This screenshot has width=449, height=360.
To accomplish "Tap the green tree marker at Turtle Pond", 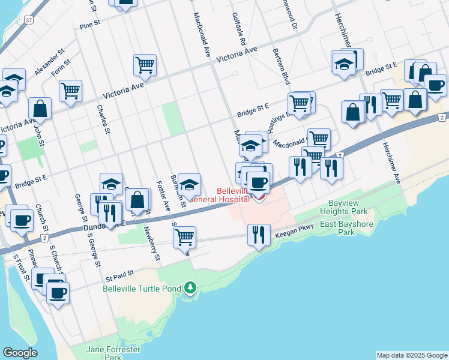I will pos(190,289).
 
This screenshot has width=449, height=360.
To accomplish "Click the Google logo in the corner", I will pos(20,353).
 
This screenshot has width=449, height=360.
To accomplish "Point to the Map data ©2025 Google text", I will pos(412,355).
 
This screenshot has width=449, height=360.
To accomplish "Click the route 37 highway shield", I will pos(29,20).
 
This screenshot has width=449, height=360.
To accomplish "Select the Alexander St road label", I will pos(49,63).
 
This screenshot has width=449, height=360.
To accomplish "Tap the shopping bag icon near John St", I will pos(40,109).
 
